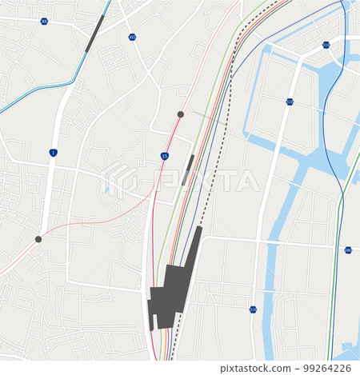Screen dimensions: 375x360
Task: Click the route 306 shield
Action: point(44,21)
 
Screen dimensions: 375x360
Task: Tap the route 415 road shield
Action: point(132,37)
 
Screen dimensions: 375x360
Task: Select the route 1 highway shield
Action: point(53,152)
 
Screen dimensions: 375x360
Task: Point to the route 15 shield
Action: point(164,156)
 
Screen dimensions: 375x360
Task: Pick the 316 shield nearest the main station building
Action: point(253,309)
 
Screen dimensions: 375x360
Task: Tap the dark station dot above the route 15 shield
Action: point(181,114)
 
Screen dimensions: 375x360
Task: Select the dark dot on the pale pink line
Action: point(38,239)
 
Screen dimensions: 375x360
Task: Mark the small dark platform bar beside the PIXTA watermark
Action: point(188,170)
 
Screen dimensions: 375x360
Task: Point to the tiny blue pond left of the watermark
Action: point(106,190)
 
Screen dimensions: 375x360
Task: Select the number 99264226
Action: point(326,368)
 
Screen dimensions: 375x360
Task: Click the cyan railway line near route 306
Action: point(48,86)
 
